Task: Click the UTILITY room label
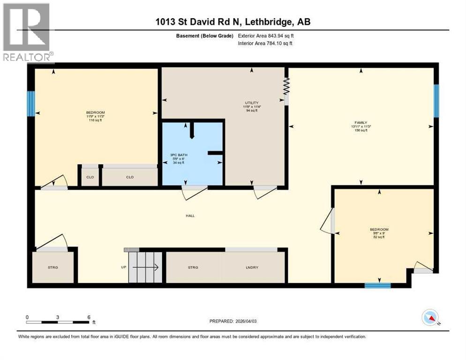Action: (x=252, y=103)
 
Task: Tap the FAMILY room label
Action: (x=361, y=122)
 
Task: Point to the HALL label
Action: (x=190, y=216)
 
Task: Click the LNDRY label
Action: (x=252, y=267)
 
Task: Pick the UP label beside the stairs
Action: (x=124, y=267)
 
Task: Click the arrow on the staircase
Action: (x=145, y=267)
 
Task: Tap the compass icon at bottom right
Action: (x=430, y=317)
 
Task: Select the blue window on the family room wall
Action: (x=436, y=101)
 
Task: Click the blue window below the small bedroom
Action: (x=377, y=285)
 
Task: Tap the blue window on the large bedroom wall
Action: (x=31, y=104)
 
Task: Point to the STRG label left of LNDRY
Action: (x=193, y=267)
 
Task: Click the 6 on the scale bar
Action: (x=89, y=317)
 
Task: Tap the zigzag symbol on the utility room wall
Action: (x=287, y=87)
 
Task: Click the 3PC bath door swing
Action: (x=193, y=192)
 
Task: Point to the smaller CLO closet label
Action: (x=90, y=177)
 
